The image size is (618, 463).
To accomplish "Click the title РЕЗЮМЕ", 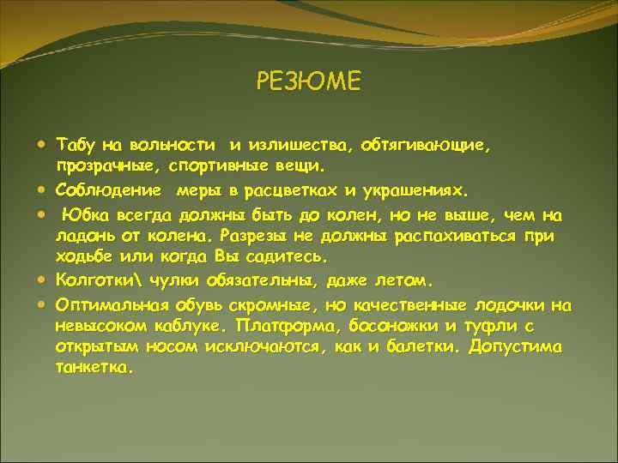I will pos(309,81).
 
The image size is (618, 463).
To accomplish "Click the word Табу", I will pos(76,141).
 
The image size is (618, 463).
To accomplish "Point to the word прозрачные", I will pos(97,165).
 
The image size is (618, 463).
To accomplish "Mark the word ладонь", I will pos(82,234).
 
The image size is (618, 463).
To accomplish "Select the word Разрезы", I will pos(253,234).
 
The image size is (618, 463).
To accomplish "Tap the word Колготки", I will pos(98,280).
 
